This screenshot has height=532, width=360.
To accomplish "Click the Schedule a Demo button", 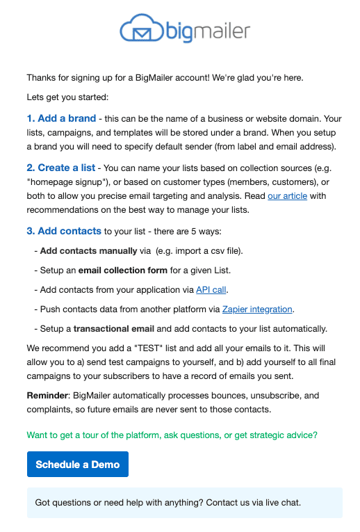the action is tap(78, 464).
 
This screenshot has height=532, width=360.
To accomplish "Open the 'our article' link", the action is tap(288, 195).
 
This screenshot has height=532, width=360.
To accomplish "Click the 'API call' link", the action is tap(211, 289).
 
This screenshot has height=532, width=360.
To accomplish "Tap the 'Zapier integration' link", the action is tap(257, 309).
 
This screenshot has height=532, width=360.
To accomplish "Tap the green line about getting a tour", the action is tap(172, 435).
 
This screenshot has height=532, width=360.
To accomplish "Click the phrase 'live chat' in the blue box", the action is tap(281, 502).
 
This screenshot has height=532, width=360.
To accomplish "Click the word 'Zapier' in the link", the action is tap(237, 309).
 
